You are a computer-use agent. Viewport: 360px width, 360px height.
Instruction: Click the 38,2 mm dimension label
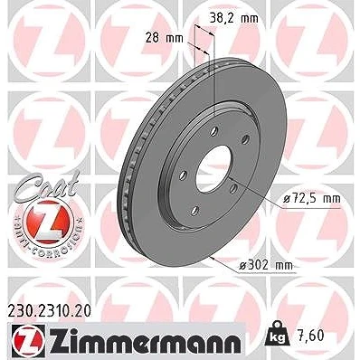click(233, 19)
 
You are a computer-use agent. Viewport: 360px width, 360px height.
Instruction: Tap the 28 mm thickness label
click(164, 38)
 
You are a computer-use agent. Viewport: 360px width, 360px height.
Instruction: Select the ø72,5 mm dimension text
click(312, 199)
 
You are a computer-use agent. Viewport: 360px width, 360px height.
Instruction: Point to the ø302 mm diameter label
click(266, 265)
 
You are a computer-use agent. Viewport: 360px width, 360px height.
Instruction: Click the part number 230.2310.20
click(48, 312)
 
